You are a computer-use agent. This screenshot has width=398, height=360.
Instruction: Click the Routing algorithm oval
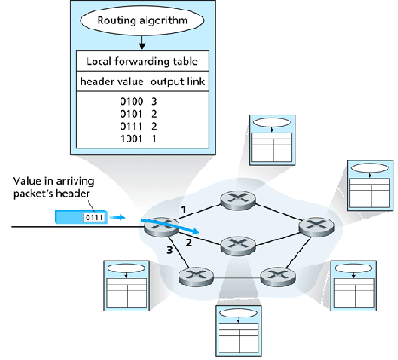click(142, 18)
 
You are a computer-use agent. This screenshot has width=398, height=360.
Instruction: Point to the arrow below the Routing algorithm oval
click(142, 41)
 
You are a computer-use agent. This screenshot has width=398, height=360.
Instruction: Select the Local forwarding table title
click(142, 61)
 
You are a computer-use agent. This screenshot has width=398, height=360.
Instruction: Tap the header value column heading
click(111, 83)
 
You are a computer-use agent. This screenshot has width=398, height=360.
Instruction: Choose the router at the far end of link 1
click(234, 198)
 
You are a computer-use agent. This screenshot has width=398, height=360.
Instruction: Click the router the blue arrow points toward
click(234, 245)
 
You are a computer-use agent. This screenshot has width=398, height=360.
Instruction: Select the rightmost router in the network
click(310, 226)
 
